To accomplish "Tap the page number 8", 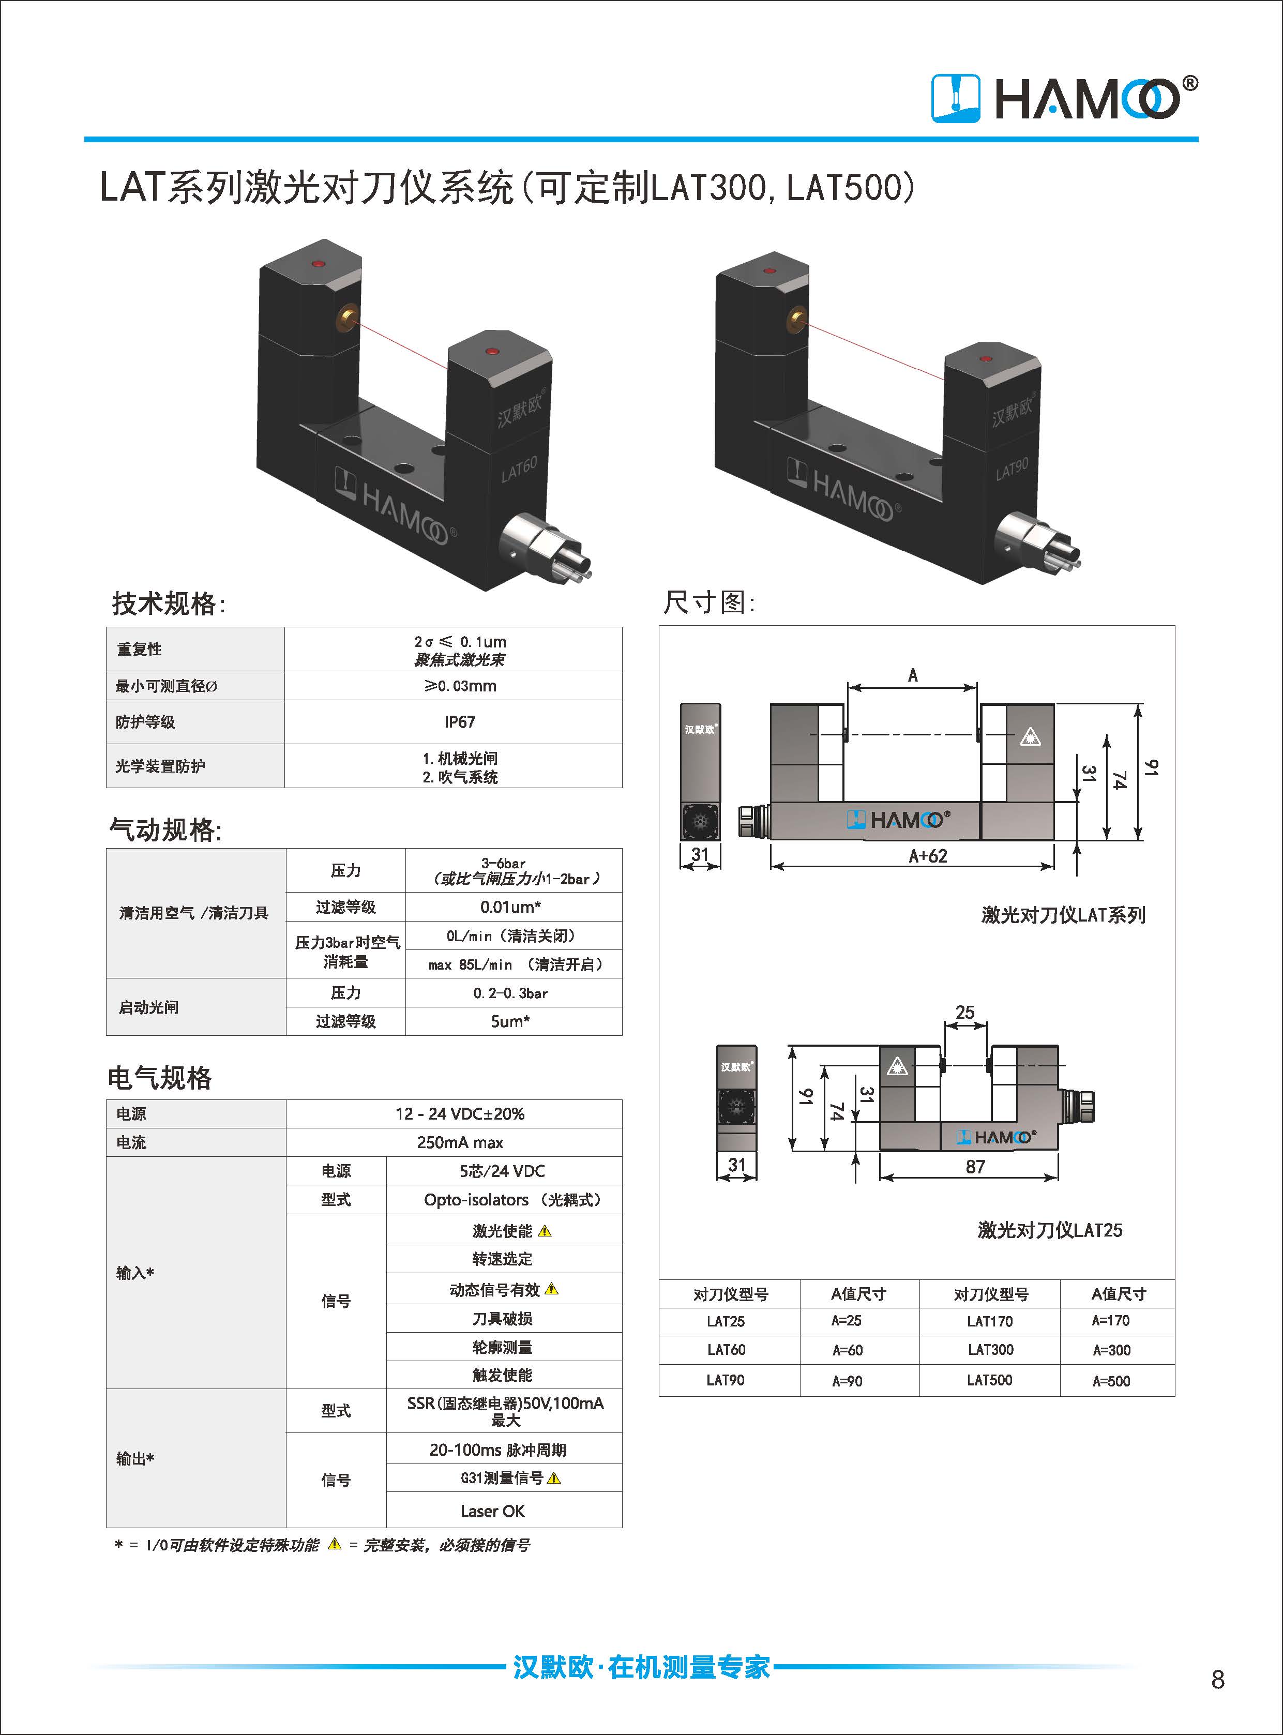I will click(1217, 1679).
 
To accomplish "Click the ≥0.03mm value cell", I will click(459, 686).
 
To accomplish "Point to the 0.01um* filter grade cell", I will click(510, 907).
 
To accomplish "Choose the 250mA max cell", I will click(459, 1142).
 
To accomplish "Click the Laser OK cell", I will click(492, 1511).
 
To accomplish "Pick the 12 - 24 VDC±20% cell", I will click(459, 1114).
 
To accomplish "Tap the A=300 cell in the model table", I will click(1111, 1350).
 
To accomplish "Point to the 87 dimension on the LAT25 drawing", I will click(975, 1167).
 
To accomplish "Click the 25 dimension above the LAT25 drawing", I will click(964, 1012).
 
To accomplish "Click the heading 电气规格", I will click(160, 1077).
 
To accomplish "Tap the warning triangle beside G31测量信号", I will click(554, 1478).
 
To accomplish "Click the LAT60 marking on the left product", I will click(519, 469).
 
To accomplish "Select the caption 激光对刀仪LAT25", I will click(1049, 1229).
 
